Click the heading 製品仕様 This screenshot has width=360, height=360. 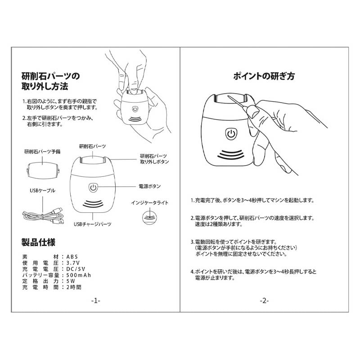38,242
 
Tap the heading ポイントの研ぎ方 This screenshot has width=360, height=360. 264,76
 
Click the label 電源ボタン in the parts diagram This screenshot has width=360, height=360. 150,186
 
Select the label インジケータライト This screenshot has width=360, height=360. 150,203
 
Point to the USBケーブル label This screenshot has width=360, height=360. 42,190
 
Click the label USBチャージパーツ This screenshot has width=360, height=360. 93,224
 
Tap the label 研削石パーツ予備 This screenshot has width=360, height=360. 42,152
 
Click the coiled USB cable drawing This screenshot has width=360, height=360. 43,216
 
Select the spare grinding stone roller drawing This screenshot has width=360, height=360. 43,171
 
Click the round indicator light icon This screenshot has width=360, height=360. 149,217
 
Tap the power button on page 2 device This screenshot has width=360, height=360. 231,134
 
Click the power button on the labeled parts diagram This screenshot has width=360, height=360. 93,188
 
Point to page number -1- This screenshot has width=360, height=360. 96,301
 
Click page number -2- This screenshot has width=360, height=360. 264,301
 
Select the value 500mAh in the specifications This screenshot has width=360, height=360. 78,275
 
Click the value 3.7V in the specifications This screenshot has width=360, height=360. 73,263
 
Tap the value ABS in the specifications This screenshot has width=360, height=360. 72,257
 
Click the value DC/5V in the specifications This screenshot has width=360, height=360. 76,269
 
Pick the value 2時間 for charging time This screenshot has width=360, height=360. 74,287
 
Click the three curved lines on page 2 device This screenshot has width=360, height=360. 231,155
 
